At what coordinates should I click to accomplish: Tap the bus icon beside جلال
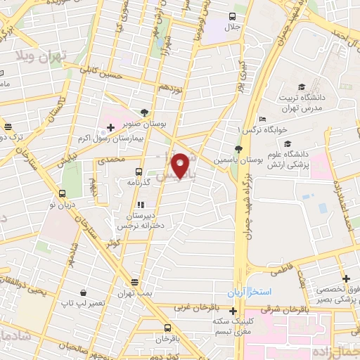tap(233, 15)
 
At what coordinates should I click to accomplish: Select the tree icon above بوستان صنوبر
tap(144, 112)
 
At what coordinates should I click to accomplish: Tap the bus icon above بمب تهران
tap(145, 281)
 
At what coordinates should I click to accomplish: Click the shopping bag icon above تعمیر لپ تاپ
tap(83, 291)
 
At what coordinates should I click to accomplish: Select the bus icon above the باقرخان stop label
tap(167, 328)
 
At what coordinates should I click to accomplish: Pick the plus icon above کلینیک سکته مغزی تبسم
tap(233, 310)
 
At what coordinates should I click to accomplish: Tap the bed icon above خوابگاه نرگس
tap(262, 119)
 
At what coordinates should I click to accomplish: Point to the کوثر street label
tap(113, 243)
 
